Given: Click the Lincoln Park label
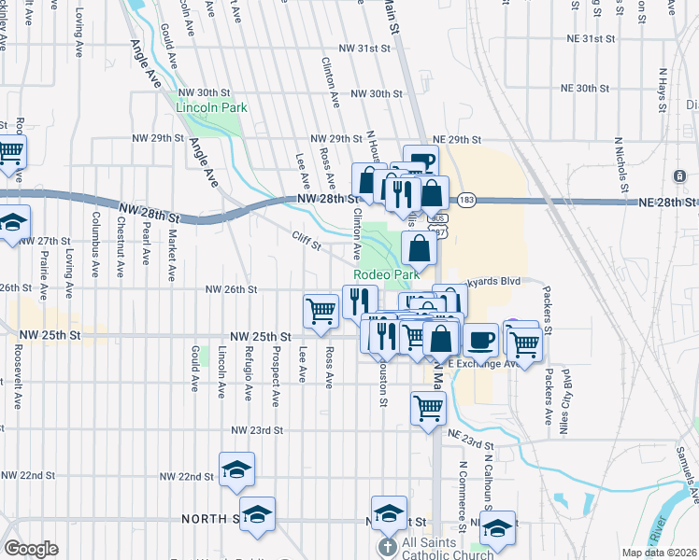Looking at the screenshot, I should pos(211,107).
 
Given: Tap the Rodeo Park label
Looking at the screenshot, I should pos(386,275).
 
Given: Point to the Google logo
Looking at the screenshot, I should pos(31,549).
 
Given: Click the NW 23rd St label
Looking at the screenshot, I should pos(257,430).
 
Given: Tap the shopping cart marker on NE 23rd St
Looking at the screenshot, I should pos(428,406).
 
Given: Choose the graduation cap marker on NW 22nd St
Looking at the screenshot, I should pos(237,469).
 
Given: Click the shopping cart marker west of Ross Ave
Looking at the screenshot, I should pos(321,310).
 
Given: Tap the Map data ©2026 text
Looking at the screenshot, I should pos(660,553).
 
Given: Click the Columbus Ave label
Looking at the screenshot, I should pos(95,246).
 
